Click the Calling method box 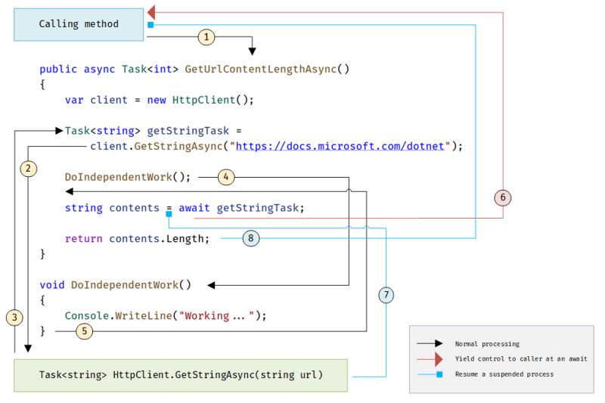coord(79,24)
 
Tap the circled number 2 coord(28,168)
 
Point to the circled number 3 coord(14,317)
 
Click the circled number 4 coord(227,177)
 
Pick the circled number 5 coord(85,330)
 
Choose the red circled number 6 coord(503,197)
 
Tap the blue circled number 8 coord(252,238)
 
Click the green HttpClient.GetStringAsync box coord(180,375)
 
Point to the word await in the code coord(194,208)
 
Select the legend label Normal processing coord(486,344)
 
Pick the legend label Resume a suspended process coord(504,374)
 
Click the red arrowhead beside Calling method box coord(151,11)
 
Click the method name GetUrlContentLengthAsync coord(267,69)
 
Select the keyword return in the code coord(83,239)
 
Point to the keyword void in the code coord(52,285)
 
